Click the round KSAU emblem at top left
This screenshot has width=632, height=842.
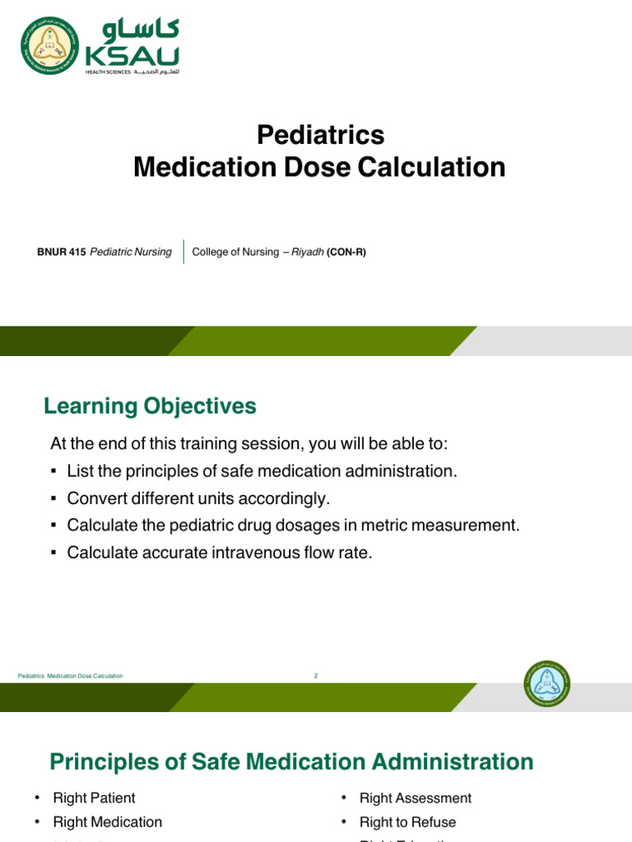(51, 46)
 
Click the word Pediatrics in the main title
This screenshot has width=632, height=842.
(320, 134)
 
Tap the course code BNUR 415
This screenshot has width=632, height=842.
(62, 252)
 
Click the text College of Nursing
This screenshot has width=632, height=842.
(235, 252)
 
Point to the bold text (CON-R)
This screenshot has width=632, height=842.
(346, 252)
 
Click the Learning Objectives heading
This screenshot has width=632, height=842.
(150, 406)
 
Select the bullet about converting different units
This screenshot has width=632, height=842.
(197, 498)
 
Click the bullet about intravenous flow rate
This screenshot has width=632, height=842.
(220, 553)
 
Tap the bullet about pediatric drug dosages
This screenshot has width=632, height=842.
(293, 525)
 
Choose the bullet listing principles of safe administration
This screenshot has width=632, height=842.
(261, 471)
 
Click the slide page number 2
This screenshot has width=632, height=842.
(315, 676)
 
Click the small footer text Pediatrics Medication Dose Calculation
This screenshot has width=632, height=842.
(71, 676)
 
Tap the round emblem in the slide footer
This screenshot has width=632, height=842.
(546, 683)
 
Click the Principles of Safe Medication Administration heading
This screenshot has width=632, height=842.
(291, 761)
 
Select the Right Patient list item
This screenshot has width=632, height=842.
(94, 798)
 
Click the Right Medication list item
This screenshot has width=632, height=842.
(107, 822)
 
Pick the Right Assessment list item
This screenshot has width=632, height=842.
(415, 798)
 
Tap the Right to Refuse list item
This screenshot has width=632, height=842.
(407, 822)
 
